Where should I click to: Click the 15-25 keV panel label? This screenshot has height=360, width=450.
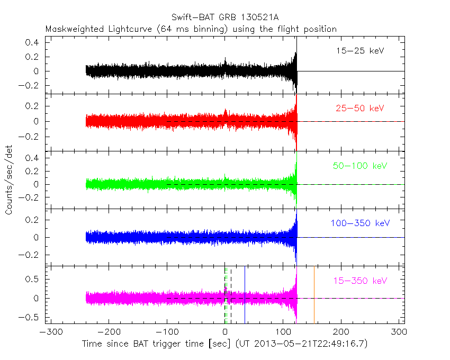coord(359,51)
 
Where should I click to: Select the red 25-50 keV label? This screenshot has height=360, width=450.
coord(359,109)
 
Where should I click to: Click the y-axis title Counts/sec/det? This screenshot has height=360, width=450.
coord(9,181)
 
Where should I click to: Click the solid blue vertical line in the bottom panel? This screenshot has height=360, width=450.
coord(245,296)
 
